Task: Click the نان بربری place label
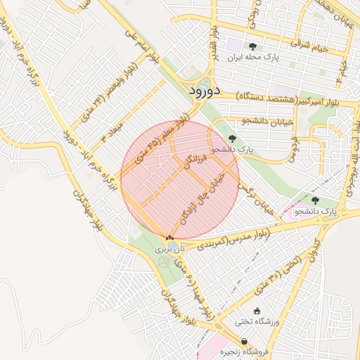point(173,248)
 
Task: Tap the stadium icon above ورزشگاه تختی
point(257,311)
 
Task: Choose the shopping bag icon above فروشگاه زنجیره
point(224,340)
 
